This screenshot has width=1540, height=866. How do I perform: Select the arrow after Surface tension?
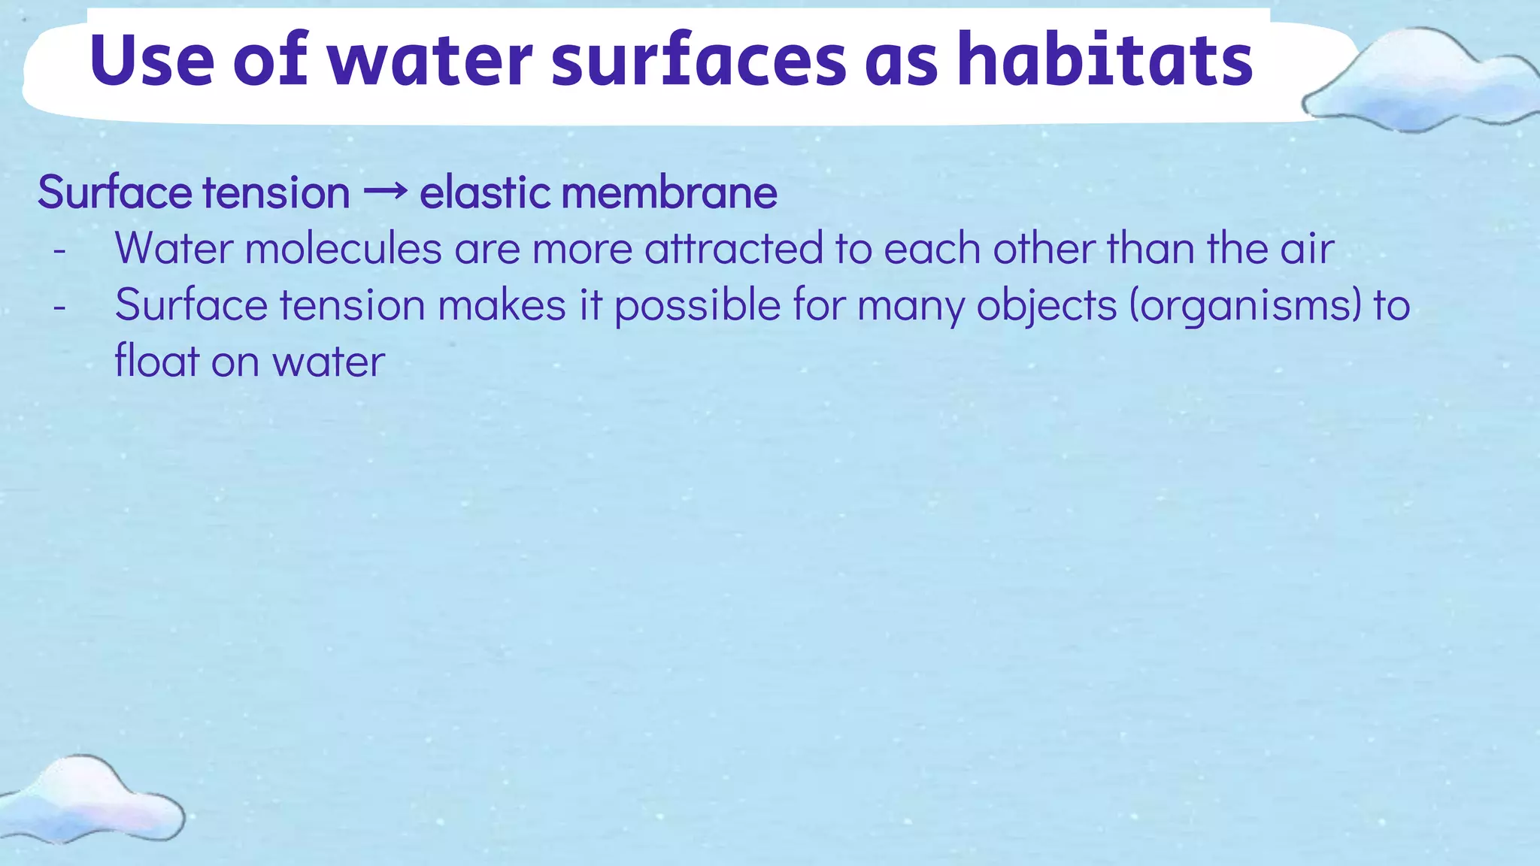384,192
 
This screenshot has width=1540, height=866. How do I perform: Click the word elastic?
484,192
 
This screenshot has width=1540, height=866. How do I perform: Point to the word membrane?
669,192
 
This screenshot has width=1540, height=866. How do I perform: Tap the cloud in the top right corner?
1421,83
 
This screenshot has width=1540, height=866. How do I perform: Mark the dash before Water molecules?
60,250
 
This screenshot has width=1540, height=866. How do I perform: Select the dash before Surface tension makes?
60,307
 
